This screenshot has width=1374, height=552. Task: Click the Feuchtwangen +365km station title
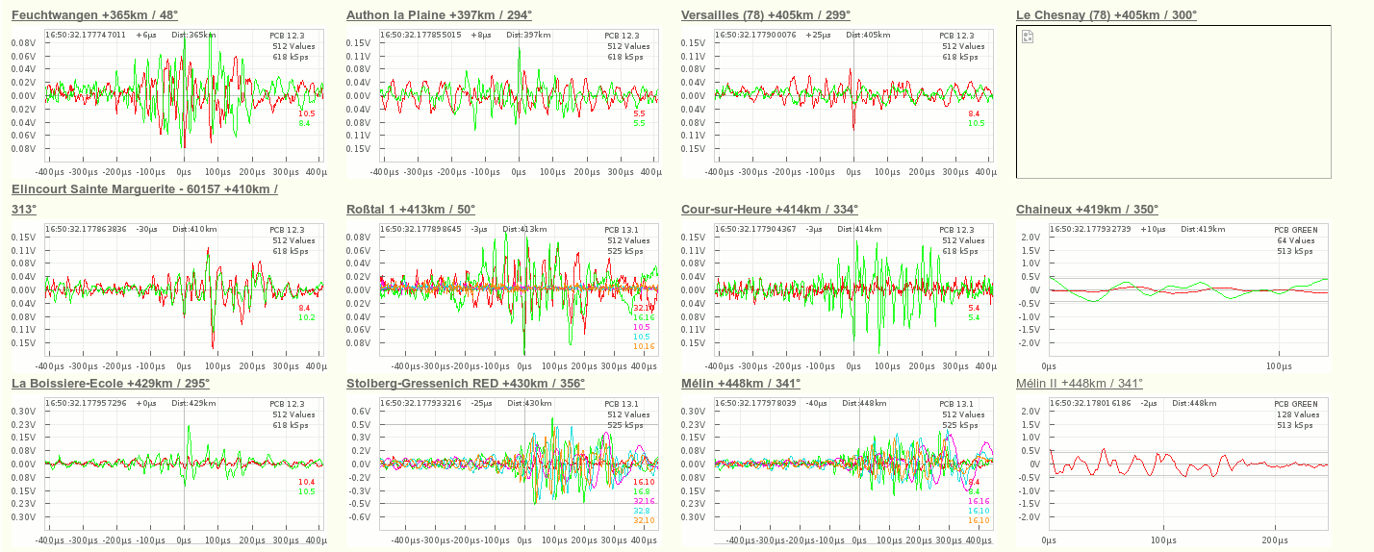click(x=94, y=15)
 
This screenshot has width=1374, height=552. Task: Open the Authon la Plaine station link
click(x=439, y=15)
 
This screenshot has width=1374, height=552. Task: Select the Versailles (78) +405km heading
click(x=765, y=15)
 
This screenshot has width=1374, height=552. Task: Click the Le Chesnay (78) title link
click(x=1107, y=15)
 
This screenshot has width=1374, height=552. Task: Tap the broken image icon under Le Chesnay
click(x=1028, y=37)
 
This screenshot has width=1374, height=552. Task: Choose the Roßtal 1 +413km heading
click(x=410, y=210)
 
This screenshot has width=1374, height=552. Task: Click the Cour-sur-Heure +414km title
click(x=770, y=210)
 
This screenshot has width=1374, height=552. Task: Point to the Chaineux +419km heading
click(x=1087, y=210)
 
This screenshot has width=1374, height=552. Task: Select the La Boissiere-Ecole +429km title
click(x=111, y=384)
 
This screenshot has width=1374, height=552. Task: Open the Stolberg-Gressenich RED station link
click(x=466, y=384)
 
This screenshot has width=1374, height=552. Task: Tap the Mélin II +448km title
click(x=1080, y=384)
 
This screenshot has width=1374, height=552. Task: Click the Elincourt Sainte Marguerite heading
click(x=144, y=189)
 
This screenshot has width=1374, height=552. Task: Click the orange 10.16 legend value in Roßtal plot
click(x=644, y=346)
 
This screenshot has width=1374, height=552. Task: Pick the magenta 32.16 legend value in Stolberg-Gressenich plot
click(x=644, y=501)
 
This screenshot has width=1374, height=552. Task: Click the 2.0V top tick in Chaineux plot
click(x=1030, y=237)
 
